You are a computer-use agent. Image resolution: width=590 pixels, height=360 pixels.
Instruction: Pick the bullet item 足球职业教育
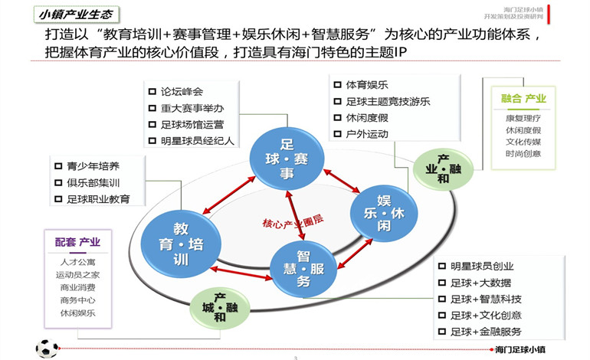[x=97, y=199]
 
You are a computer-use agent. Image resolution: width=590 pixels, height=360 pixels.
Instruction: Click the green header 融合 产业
[x=523, y=98]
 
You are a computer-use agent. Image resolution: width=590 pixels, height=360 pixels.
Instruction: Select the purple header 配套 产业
[x=77, y=243]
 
